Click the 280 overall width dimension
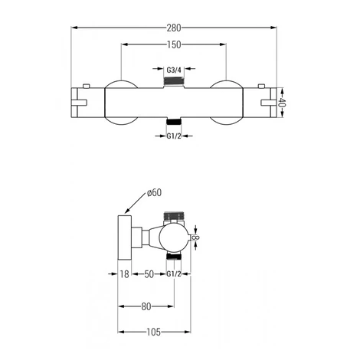point(174,28)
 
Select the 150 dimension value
point(174,44)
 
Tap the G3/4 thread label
point(174,70)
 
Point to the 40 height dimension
point(282,103)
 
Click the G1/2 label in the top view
point(174,136)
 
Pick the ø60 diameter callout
point(155,192)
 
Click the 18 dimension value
point(124,274)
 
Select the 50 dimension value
point(149,274)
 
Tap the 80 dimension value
point(146,306)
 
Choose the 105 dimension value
point(154,332)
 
